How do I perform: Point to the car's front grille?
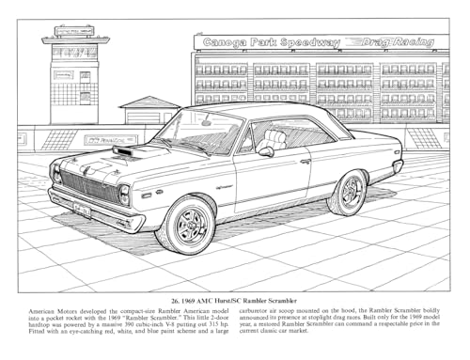coord(88,186)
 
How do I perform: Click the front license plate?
coord(83,210)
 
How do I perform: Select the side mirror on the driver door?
coord(267,151)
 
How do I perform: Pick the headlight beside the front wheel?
coord(123,195)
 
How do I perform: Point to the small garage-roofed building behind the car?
coord(150,111)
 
